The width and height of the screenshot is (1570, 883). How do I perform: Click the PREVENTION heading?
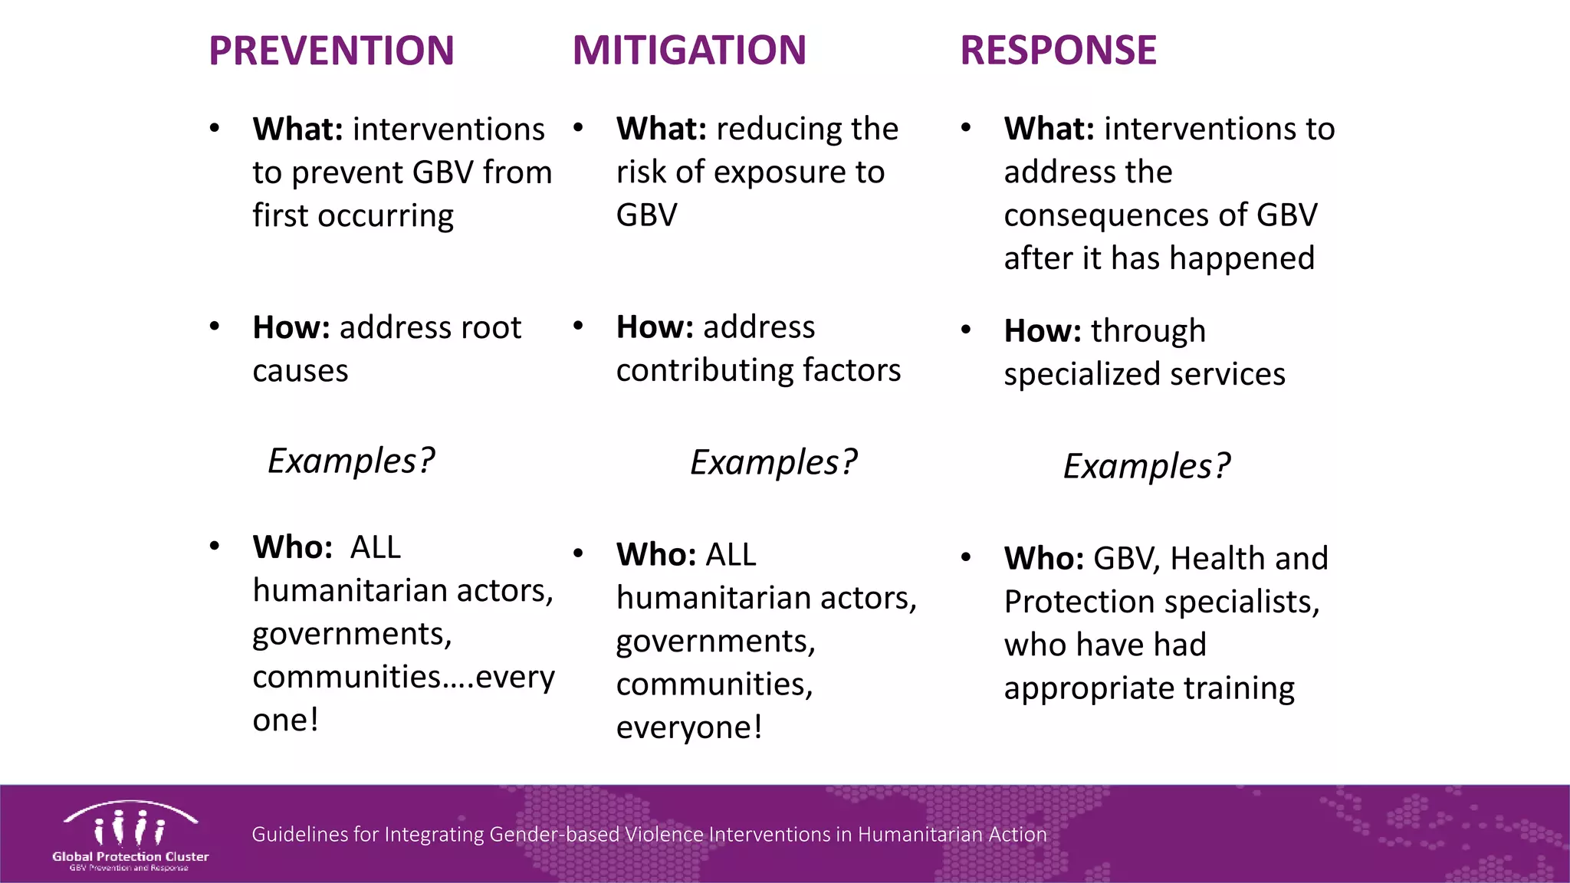(331, 51)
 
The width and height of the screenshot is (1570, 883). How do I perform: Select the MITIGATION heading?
(689, 51)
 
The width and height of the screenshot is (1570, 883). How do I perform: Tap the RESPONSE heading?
(1058, 51)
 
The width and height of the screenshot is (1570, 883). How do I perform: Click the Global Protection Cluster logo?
(130, 835)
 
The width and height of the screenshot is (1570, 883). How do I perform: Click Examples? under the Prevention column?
(350, 461)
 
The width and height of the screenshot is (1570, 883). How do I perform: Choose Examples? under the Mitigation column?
(773, 463)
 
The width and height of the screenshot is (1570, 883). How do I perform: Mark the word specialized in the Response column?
(1082, 375)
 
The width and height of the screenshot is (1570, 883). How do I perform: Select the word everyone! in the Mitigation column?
(689, 727)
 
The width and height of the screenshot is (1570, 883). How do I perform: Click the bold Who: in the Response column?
(1043, 559)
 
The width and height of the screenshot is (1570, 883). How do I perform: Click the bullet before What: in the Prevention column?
(215, 128)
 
